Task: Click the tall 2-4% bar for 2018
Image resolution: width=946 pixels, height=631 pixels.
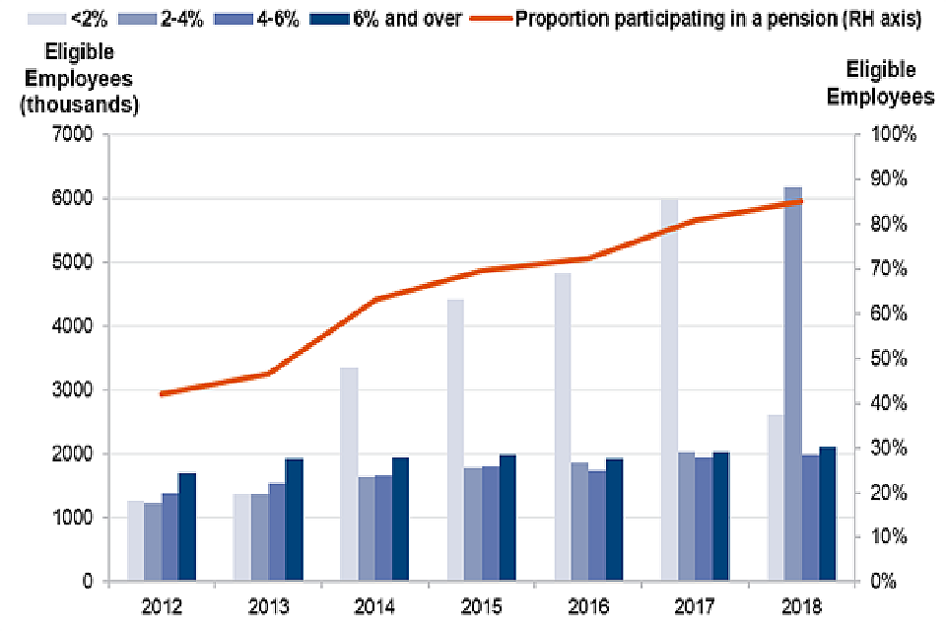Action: click(793, 385)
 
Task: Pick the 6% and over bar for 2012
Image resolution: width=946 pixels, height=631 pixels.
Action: click(187, 527)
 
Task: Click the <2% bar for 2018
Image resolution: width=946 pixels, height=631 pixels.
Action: click(777, 498)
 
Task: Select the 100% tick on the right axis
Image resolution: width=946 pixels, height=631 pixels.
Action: click(894, 135)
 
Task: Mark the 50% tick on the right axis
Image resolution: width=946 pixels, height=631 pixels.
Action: click(894, 359)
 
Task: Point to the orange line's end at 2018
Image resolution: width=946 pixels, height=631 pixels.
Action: click(802, 201)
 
